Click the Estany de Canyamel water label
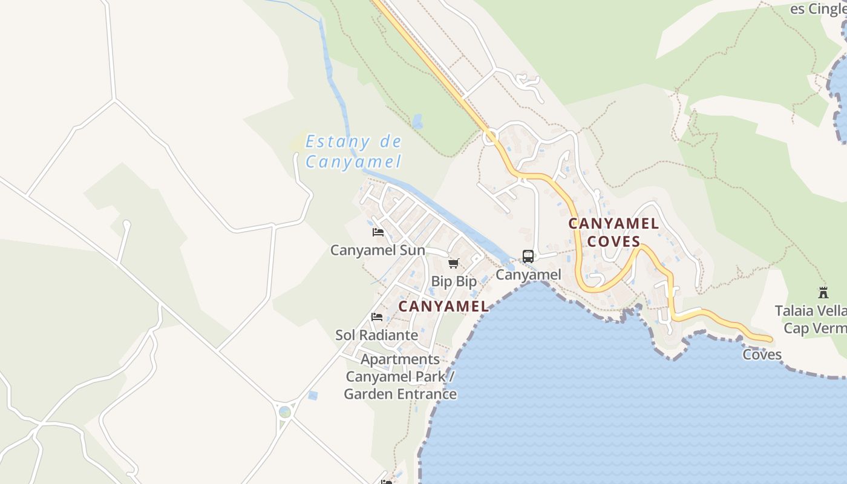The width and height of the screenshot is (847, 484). [x=353, y=151]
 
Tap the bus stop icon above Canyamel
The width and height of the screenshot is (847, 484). [x=528, y=257]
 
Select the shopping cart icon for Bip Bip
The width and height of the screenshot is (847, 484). [x=454, y=264]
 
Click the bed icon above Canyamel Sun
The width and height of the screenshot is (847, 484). [x=378, y=232]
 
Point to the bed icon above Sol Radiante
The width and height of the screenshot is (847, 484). [x=377, y=317]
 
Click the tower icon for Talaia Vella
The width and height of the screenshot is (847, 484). [x=823, y=293]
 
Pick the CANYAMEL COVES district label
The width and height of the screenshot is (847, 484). [x=613, y=232]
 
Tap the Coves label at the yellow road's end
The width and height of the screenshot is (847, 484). [x=762, y=355]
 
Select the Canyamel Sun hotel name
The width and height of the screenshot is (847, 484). [x=378, y=250]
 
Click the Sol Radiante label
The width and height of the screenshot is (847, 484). [x=377, y=335]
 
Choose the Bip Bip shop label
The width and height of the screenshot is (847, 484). [x=454, y=281]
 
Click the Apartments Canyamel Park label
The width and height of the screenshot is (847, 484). [x=401, y=376]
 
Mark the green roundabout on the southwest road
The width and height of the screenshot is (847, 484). [x=285, y=412]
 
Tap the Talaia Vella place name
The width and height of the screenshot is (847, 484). [x=811, y=311]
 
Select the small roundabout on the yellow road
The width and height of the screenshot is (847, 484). [x=491, y=137]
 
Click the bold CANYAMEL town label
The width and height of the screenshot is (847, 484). [x=443, y=307]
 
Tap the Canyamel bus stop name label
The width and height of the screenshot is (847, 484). [x=529, y=275]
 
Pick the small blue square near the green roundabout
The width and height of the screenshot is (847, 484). [x=312, y=396]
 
